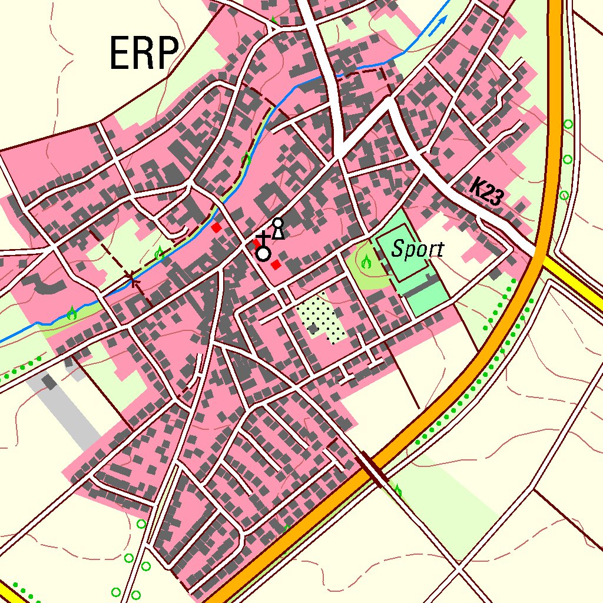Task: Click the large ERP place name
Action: pyautogui.click(x=144, y=54)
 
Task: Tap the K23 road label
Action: pyautogui.click(x=486, y=192)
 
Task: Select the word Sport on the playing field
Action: pyautogui.click(x=418, y=250)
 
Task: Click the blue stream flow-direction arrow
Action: pyautogui.click(x=437, y=26)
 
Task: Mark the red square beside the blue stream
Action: pyautogui.click(x=217, y=227)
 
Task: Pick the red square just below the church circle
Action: pyautogui.click(x=275, y=265)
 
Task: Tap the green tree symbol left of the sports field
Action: pyautogui.click(x=366, y=261)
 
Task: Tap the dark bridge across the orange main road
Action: pyautogui.click(x=372, y=468)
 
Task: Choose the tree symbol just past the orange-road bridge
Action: pyautogui.click(x=398, y=489)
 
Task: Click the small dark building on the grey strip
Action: pyautogui.click(x=50, y=382)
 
